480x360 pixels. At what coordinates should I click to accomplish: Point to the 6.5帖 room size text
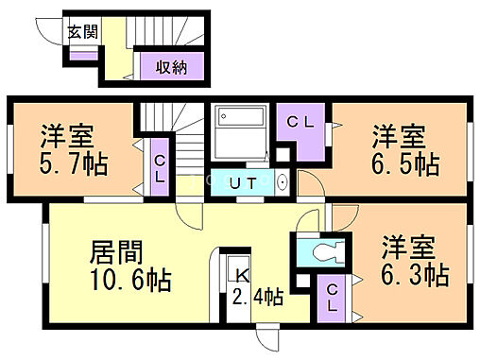405,163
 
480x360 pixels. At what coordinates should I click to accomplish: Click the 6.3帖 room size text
415,276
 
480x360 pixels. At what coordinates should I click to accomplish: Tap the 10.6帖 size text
129,282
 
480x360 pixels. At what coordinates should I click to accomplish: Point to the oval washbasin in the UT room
283,181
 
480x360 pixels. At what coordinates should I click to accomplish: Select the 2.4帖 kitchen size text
258,297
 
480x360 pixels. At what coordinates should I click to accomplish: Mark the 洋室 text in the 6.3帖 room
407,249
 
